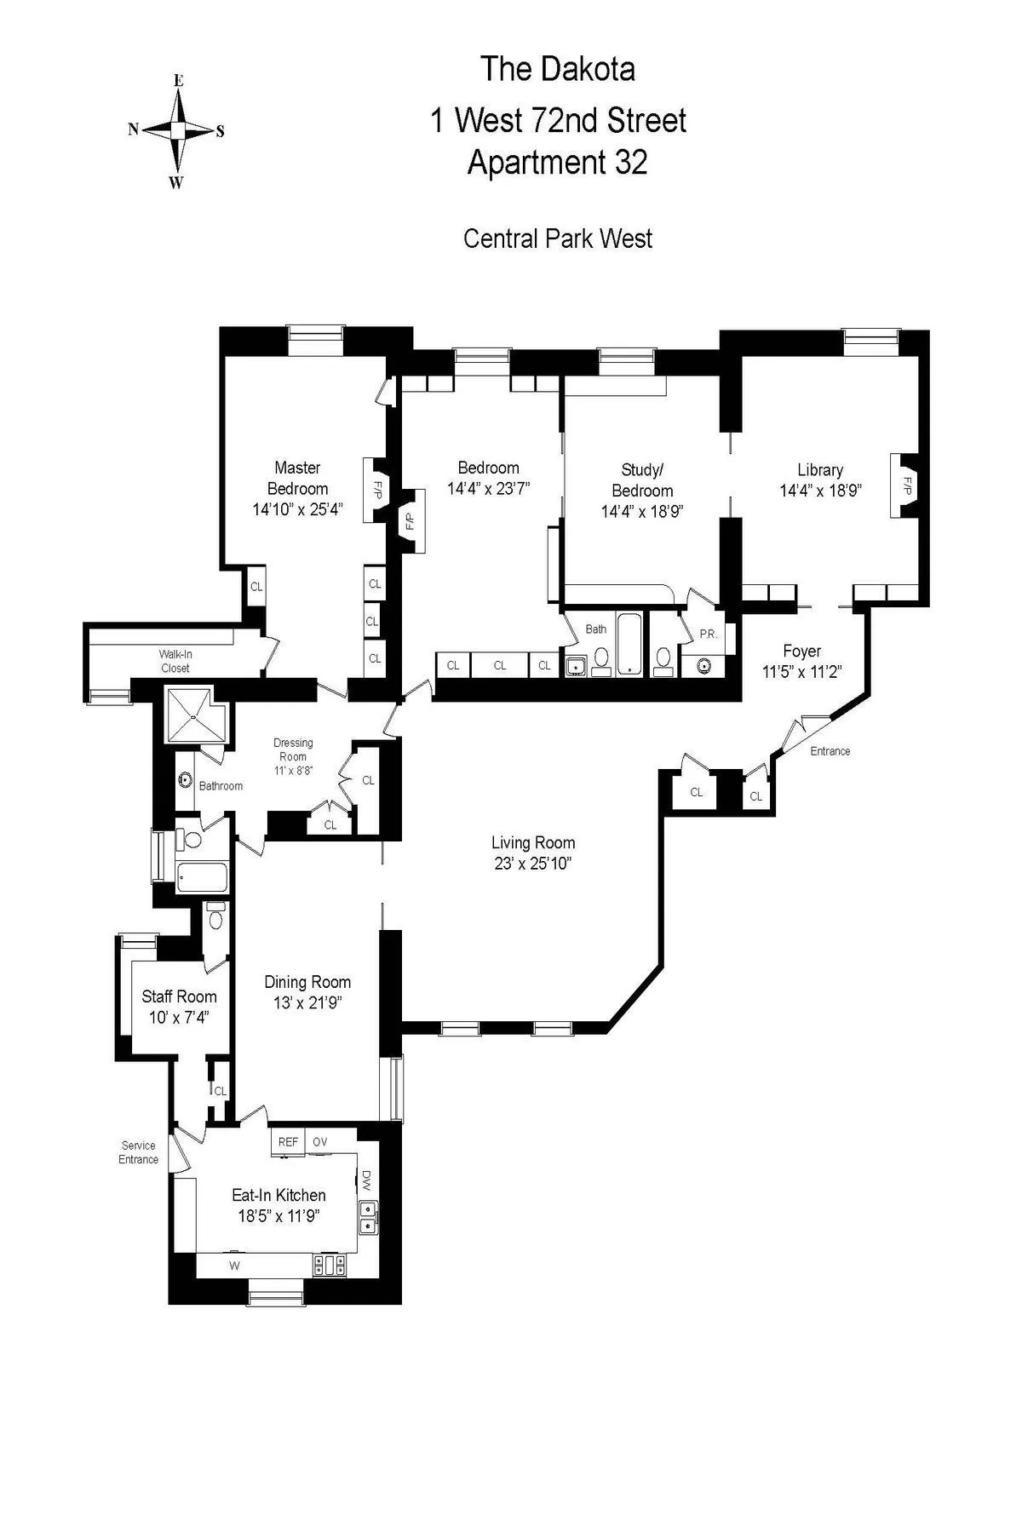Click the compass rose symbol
click(177, 130)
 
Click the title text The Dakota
click(558, 69)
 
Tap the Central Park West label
click(558, 238)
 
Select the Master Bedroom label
click(297, 478)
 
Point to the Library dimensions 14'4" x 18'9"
click(820, 491)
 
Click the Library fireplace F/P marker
click(907, 486)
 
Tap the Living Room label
click(533, 843)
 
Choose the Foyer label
click(801, 652)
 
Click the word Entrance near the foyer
click(830, 751)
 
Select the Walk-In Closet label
click(175, 661)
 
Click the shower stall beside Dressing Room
click(192, 716)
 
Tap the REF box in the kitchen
click(289, 1142)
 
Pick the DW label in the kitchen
click(366, 1179)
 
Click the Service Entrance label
click(139, 1152)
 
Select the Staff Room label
click(179, 996)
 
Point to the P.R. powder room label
click(709, 634)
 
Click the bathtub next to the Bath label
click(631, 644)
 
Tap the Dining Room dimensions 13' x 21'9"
click(307, 1003)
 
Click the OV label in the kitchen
click(320, 1142)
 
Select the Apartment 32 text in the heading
click(558, 162)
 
